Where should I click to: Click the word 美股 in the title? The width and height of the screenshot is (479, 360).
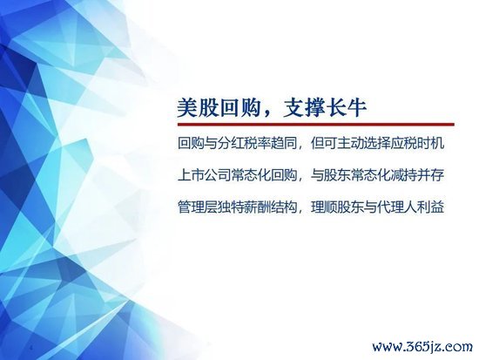(x=199, y=108)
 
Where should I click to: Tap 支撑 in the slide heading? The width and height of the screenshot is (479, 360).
(x=303, y=108)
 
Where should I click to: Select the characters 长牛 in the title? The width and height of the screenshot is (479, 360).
(x=346, y=108)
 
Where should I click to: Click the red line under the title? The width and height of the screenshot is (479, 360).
(x=316, y=125)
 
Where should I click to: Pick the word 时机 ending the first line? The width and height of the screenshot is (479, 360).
(x=430, y=144)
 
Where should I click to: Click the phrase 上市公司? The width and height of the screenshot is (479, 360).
(x=204, y=175)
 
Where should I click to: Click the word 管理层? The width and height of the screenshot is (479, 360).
(x=198, y=207)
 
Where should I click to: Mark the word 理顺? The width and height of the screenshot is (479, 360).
(x=323, y=207)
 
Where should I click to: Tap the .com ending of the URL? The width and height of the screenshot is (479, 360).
(x=455, y=348)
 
